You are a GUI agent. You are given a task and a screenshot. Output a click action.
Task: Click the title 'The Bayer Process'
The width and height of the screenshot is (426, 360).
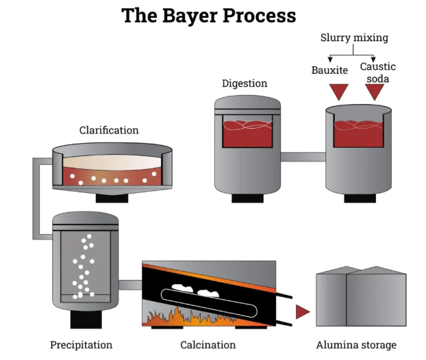(209, 16)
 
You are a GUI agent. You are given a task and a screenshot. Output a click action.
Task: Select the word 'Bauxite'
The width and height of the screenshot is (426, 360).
(329, 69)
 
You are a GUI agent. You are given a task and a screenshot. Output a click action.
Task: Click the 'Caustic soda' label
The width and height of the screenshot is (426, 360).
(377, 73)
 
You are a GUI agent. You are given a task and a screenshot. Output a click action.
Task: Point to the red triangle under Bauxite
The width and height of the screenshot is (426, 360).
(338, 91)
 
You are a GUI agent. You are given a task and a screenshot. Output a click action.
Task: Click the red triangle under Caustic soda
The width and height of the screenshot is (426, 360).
(375, 91)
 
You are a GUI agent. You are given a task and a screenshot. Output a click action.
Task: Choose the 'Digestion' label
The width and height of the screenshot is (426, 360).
(245, 83)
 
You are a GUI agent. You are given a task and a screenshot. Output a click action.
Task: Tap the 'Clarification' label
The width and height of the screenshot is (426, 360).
(109, 130)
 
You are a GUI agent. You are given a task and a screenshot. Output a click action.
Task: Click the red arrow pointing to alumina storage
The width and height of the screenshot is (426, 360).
(302, 312)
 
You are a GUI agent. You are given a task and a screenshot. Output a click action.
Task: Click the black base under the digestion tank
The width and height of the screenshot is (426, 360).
(247, 198)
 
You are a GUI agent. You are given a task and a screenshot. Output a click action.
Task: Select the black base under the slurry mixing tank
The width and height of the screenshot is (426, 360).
(359, 198)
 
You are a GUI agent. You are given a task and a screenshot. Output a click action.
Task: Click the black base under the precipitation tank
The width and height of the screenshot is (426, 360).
(86, 318)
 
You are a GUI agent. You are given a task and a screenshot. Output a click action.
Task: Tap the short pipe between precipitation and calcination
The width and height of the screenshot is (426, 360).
(129, 285)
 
